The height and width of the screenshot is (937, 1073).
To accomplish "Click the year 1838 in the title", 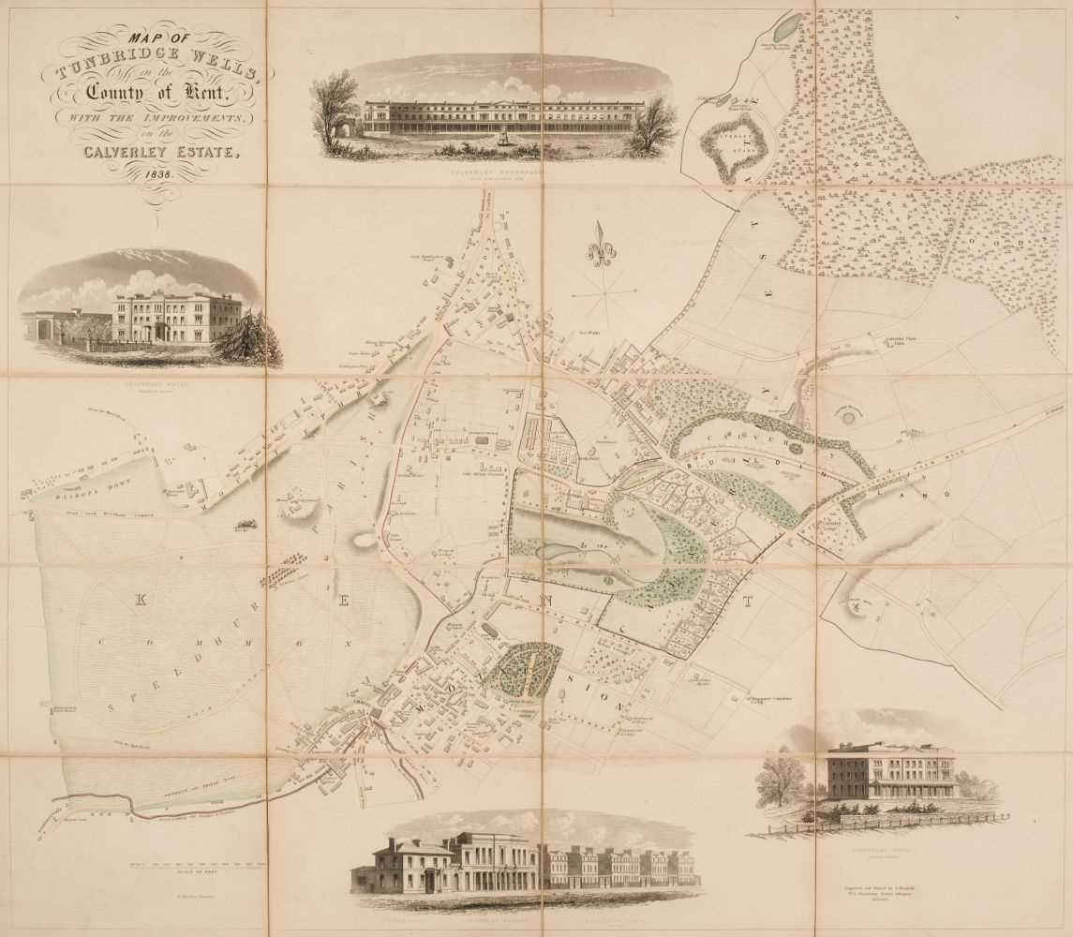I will (x=158, y=174).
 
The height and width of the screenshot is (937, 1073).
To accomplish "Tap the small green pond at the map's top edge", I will (x=787, y=25).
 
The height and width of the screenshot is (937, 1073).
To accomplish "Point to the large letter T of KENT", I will (x=748, y=602).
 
